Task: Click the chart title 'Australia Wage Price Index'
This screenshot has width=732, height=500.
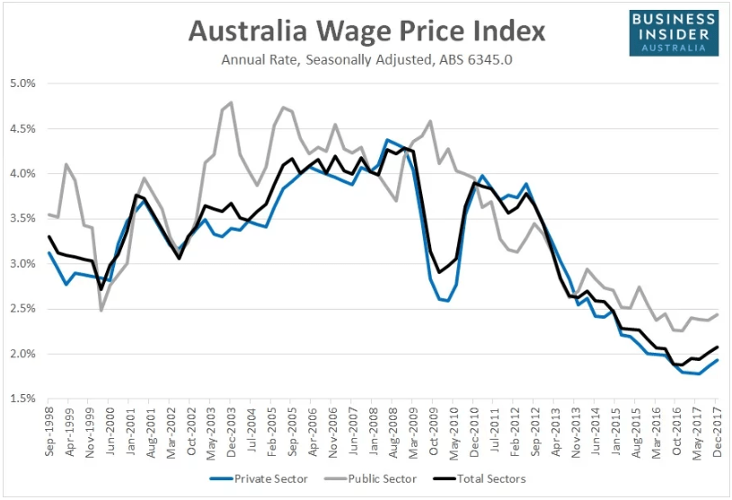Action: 366,31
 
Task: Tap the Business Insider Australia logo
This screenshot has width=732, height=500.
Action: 674,33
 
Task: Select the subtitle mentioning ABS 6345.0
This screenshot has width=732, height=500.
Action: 366,61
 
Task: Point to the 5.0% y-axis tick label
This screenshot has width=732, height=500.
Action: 22,83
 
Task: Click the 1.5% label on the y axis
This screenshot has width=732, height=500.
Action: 22,399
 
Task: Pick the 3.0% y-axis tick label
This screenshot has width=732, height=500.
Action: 22,264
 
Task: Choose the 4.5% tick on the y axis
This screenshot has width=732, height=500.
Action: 22,128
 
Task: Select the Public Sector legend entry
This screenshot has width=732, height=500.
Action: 380,478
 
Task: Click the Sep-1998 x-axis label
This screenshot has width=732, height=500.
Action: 49,434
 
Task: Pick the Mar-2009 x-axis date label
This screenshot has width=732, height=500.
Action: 412,434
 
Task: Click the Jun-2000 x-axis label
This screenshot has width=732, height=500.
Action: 110,434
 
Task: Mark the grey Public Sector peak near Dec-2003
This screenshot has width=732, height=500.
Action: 231,102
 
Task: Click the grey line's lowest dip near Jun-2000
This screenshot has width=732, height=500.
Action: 101,311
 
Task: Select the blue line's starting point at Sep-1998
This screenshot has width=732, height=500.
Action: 49,252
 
